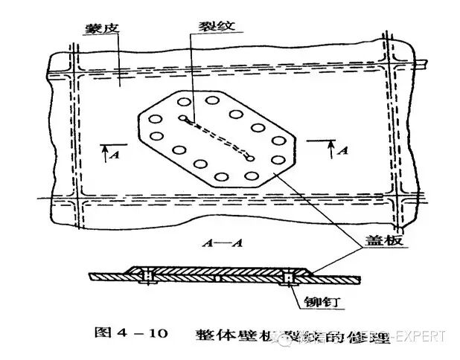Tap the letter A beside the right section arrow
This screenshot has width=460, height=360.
[343, 150]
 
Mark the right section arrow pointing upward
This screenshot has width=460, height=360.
[330, 147]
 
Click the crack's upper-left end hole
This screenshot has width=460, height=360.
[182, 118]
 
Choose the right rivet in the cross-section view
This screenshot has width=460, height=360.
[287, 278]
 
